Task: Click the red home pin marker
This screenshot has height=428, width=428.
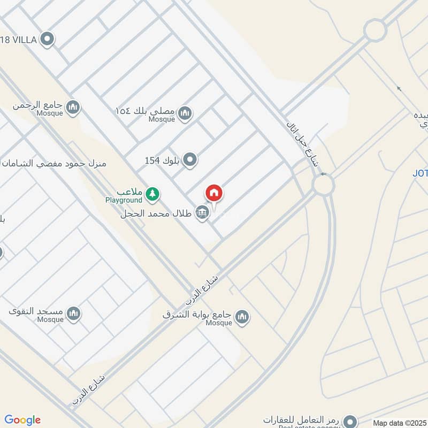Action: click(214, 194)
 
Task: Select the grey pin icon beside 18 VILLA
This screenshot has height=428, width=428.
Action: click(48, 39)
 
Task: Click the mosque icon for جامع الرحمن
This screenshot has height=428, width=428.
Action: click(73, 108)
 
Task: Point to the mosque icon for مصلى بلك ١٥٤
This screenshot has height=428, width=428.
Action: click(185, 113)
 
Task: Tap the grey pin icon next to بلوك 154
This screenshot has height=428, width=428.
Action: click(190, 159)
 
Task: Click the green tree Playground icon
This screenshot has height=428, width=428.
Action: click(153, 194)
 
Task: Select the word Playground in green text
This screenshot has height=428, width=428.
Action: click(124, 200)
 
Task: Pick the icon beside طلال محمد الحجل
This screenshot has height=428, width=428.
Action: click(202, 213)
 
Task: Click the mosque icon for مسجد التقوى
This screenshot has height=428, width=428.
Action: click(73, 314)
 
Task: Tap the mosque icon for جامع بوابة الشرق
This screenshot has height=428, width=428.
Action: click(242, 317)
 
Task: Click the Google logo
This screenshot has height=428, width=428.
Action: click(22, 420)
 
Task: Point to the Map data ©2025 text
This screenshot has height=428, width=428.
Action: click(399, 423)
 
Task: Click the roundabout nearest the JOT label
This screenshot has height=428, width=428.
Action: click(323, 185)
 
